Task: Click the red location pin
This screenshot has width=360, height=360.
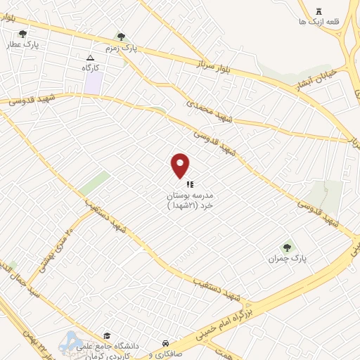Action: [181, 165]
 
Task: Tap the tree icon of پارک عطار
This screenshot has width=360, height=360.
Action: [23, 34]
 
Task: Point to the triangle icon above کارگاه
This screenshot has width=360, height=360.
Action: [90, 58]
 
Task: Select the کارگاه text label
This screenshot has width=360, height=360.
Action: [91, 67]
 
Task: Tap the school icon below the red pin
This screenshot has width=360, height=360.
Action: [190, 183]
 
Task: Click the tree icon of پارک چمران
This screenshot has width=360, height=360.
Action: [287, 247]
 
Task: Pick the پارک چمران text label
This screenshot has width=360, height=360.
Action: [288, 259]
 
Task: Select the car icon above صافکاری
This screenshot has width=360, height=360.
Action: [165, 343]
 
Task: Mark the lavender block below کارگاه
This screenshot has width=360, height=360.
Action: [93, 83]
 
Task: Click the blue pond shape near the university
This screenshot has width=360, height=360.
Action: [70, 342]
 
